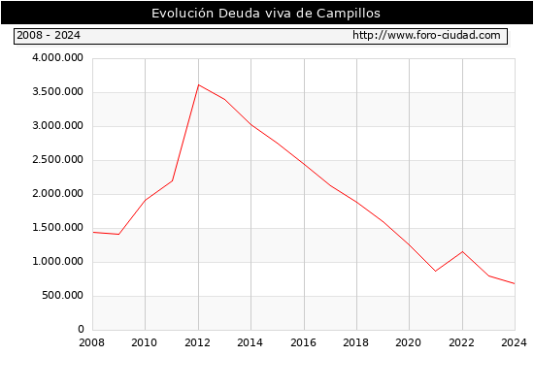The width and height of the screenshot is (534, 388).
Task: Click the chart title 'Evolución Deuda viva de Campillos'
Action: pyautogui.click(x=266, y=13)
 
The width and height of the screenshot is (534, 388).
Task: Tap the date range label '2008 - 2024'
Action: pyautogui.click(x=49, y=35)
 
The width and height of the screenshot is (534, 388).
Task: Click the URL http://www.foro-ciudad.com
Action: pyautogui.click(x=426, y=35)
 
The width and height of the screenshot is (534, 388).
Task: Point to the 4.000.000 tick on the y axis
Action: pyautogui.click(x=57, y=57)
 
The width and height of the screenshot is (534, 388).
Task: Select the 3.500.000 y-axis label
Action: pyautogui.click(x=57, y=91)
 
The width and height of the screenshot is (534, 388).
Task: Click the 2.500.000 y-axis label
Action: pyautogui.click(x=57, y=159)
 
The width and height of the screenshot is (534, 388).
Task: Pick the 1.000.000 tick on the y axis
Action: pyautogui.click(x=57, y=261)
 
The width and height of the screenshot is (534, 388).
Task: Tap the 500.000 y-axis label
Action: pyautogui.click(x=62, y=295)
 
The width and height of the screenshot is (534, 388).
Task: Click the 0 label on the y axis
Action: pyautogui.click(x=81, y=329)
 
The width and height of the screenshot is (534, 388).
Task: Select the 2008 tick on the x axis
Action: pyautogui.click(x=91, y=342)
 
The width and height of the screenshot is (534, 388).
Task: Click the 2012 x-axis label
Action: pyautogui.click(x=197, y=342)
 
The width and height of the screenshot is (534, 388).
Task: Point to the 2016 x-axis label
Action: pyautogui.click(x=303, y=342)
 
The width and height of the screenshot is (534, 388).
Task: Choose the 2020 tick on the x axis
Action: pyautogui.click(x=409, y=342)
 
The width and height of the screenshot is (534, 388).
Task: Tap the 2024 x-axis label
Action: pyautogui.click(x=514, y=342)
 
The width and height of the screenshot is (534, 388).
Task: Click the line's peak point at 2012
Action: pyautogui.click(x=198, y=84)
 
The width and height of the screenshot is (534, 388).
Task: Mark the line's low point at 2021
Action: pyautogui.click(x=436, y=271)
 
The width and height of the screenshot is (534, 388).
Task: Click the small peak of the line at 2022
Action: pyautogui.click(x=462, y=251)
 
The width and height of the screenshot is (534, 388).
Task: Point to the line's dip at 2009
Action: pyautogui.click(x=118, y=234)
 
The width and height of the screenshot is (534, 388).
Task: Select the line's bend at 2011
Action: pyautogui.click(x=172, y=180)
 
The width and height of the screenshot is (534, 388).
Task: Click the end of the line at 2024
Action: pyautogui.click(x=515, y=283)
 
